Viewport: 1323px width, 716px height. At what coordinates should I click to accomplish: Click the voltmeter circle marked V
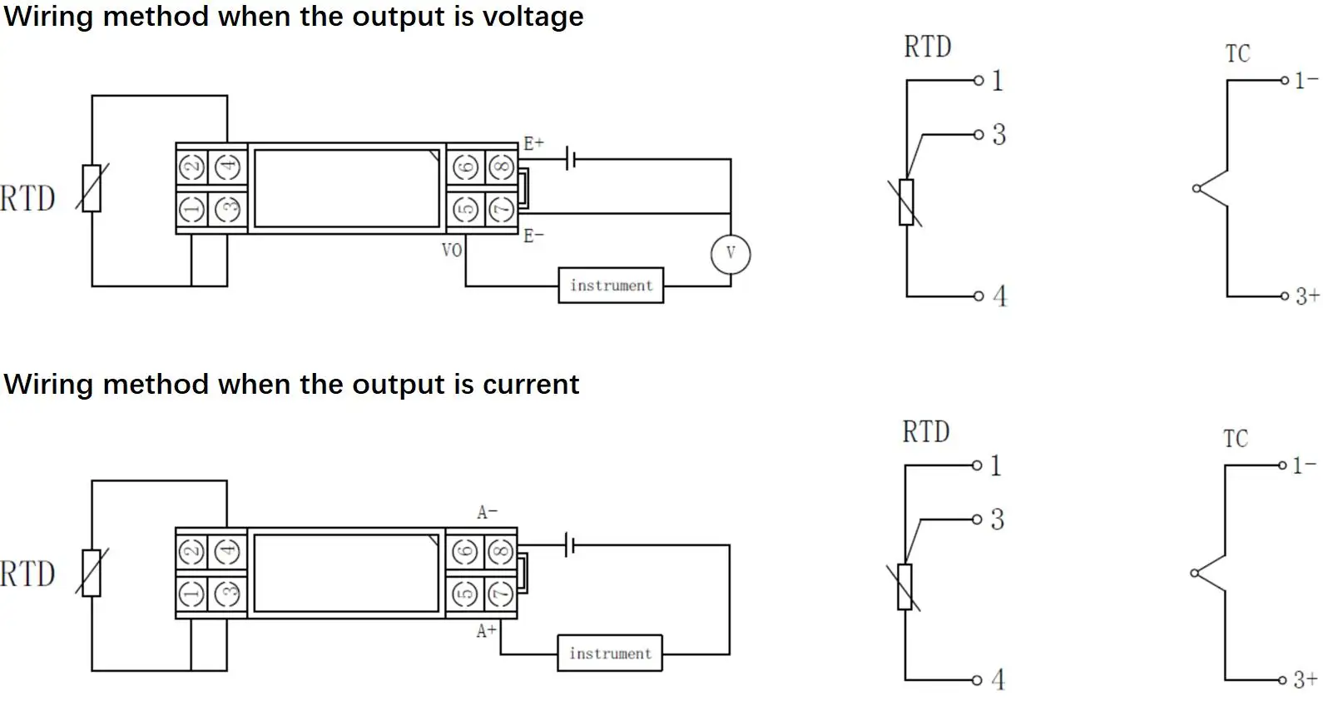pyautogui.click(x=731, y=254)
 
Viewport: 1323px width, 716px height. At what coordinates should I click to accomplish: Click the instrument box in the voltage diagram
pyautogui.click(x=611, y=286)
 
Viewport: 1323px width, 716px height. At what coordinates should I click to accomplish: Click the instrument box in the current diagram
pyautogui.click(x=610, y=654)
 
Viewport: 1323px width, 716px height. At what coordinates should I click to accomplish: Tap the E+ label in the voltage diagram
pyautogui.click(x=533, y=143)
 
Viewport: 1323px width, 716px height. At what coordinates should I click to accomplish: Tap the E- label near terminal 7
pyautogui.click(x=533, y=236)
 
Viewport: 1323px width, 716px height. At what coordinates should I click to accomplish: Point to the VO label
pyautogui.click(x=452, y=250)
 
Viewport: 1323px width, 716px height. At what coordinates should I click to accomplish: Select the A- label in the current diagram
pyautogui.click(x=487, y=512)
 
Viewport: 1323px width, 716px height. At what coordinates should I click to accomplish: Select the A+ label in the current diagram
pyautogui.click(x=486, y=632)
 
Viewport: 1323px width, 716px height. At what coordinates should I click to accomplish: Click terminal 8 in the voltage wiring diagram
pyautogui.click(x=500, y=168)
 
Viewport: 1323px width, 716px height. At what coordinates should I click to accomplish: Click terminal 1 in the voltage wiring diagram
pyautogui.click(x=192, y=209)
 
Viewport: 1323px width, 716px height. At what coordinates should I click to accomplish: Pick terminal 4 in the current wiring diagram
pyautogui.click(x=227, y=551)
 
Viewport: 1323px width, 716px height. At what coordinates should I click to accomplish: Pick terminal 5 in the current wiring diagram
pyautogui.click(x=465, y=594)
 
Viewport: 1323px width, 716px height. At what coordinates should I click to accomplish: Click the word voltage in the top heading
pyautogui.click(x=533, y=17)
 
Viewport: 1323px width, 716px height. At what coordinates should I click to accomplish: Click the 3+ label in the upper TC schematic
pyautogui.click(x=1306, y=296)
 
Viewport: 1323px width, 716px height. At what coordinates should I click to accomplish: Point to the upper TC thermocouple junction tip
pyautogui.click(x=1197, y=189)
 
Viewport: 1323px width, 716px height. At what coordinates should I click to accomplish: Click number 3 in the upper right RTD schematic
pyautogui.click(x=999, y=135)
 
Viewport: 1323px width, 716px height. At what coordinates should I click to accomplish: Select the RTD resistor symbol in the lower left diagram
pyautogui.click(x=92, y=573)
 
